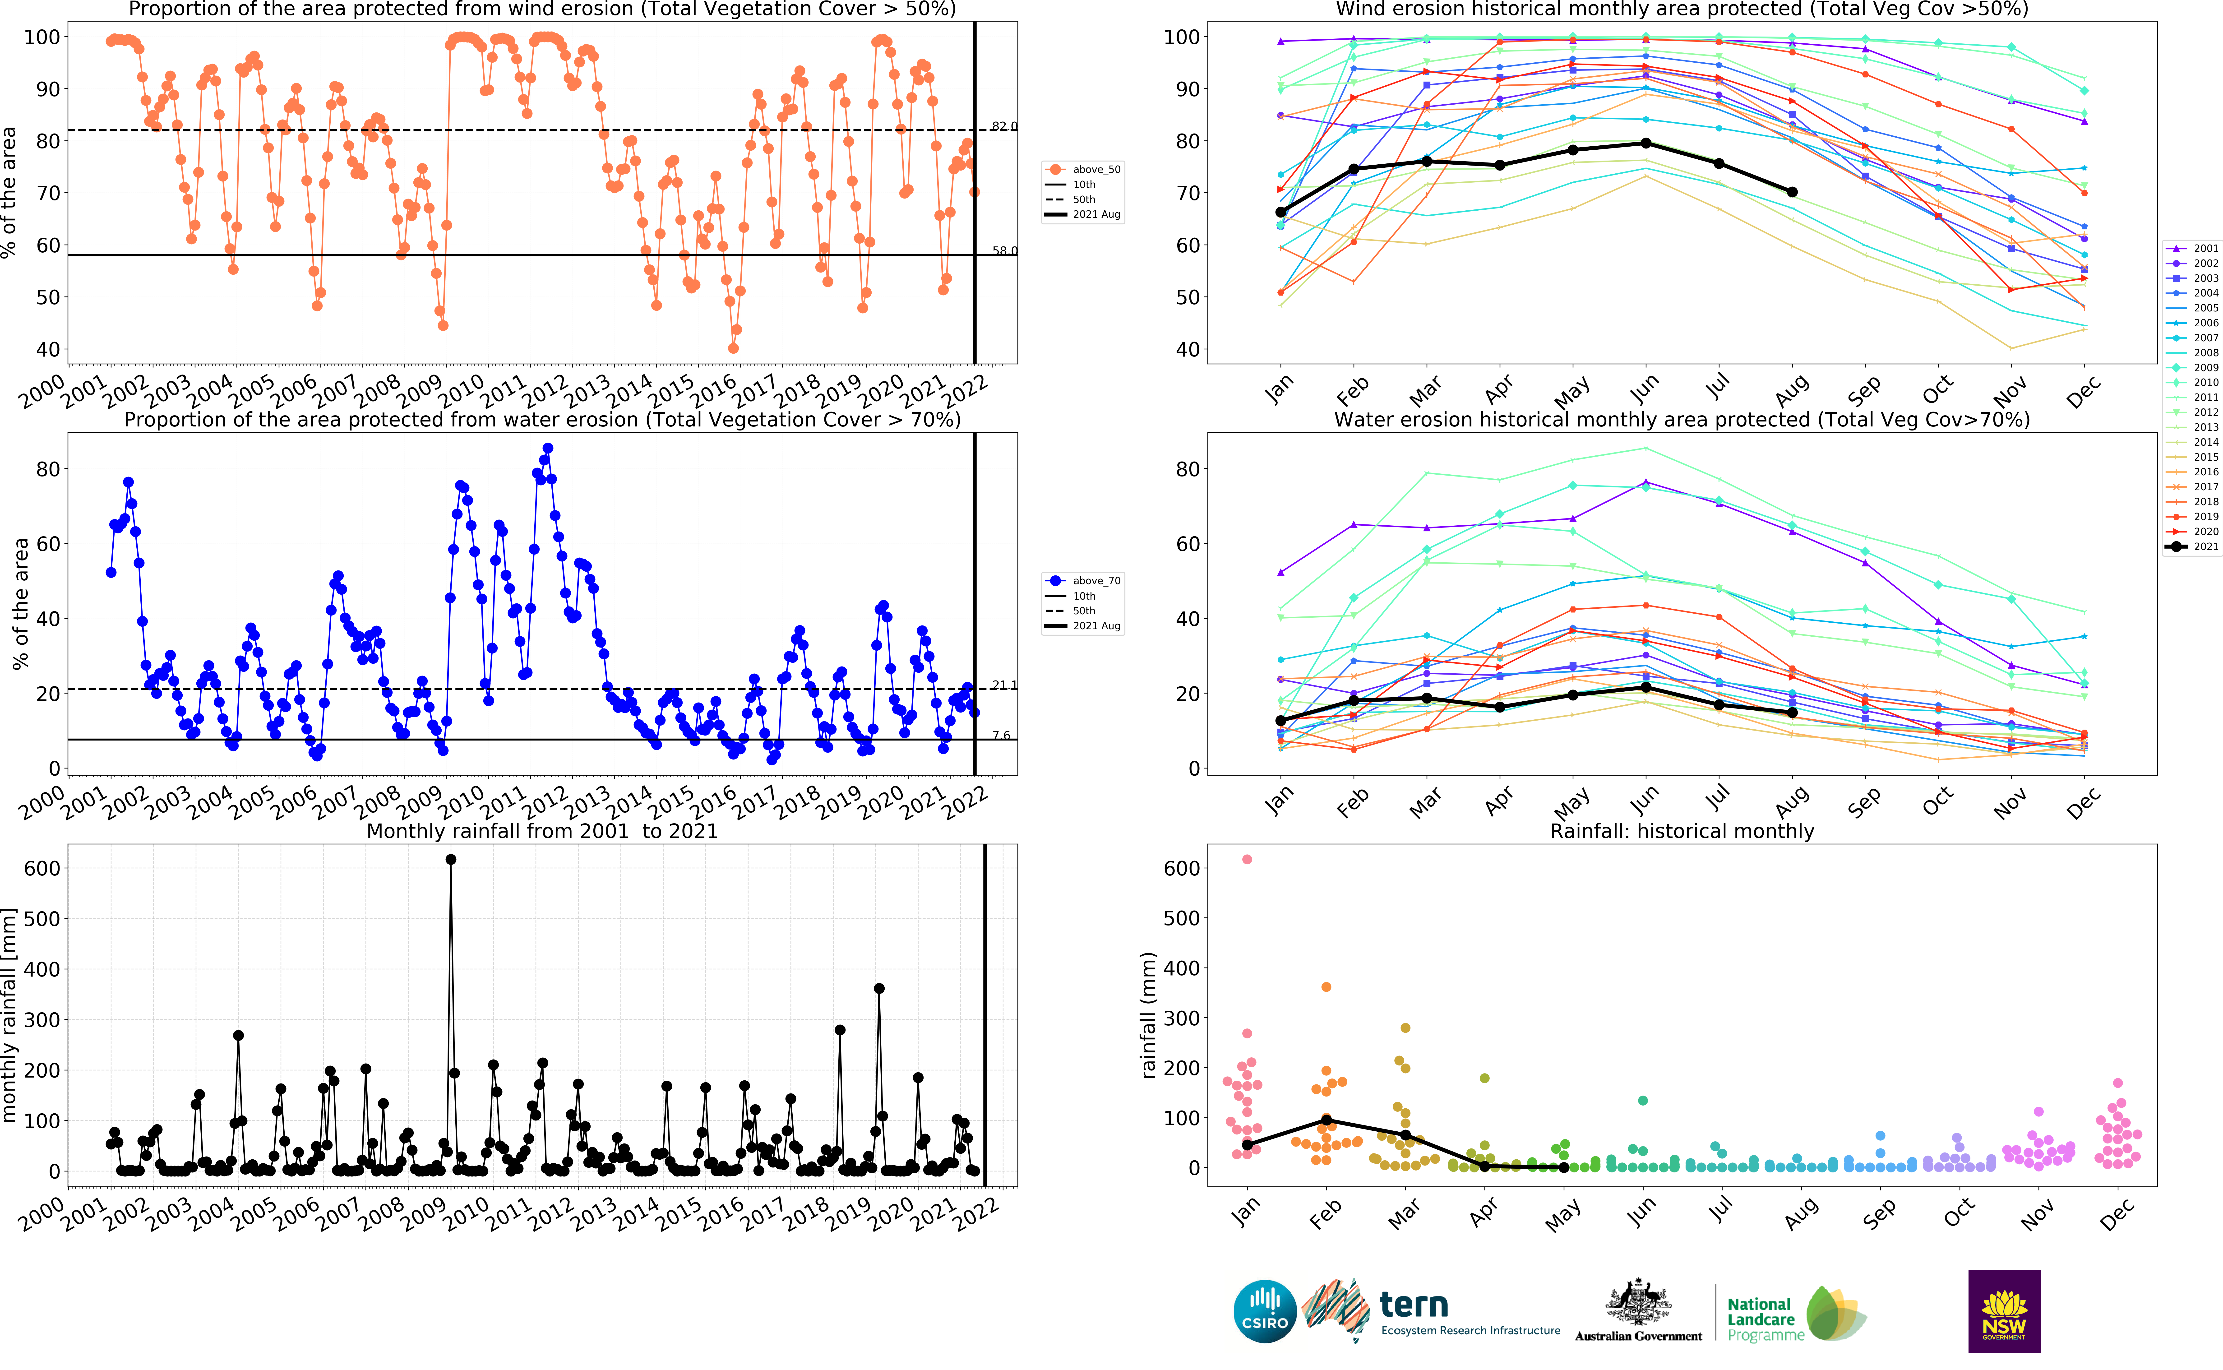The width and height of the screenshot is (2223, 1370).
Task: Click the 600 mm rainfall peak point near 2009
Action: [x=451, y=859]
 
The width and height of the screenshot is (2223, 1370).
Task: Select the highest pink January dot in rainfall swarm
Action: [x=1247, y=859]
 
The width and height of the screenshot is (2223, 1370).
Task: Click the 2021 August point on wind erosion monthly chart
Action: [x=1792, y=192]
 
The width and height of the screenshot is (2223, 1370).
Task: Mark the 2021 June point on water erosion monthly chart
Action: [x=1646, y=688]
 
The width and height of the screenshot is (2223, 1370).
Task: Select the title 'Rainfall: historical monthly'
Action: [x=1682, y=831]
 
